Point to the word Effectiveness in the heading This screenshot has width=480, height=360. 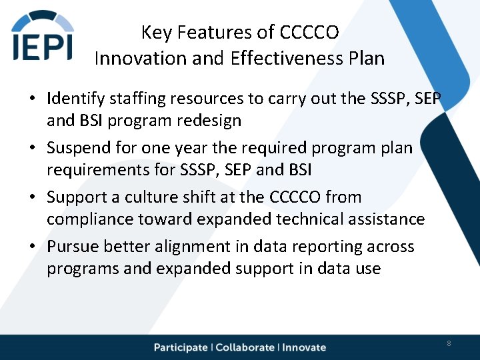click(x=287, y=58)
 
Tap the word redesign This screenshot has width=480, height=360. click(x=209, y=121)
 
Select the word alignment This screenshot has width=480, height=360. click(x=186, y=247)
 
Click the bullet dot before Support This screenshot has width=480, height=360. click(x=32, y=198)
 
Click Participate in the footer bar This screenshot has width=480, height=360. click(x=181, y=347)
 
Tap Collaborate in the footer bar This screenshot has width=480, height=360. click(x=245, y=347)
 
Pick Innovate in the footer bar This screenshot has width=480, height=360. click(x=304, y=347)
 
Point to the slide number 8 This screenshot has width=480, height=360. click(x=449, y=343)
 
